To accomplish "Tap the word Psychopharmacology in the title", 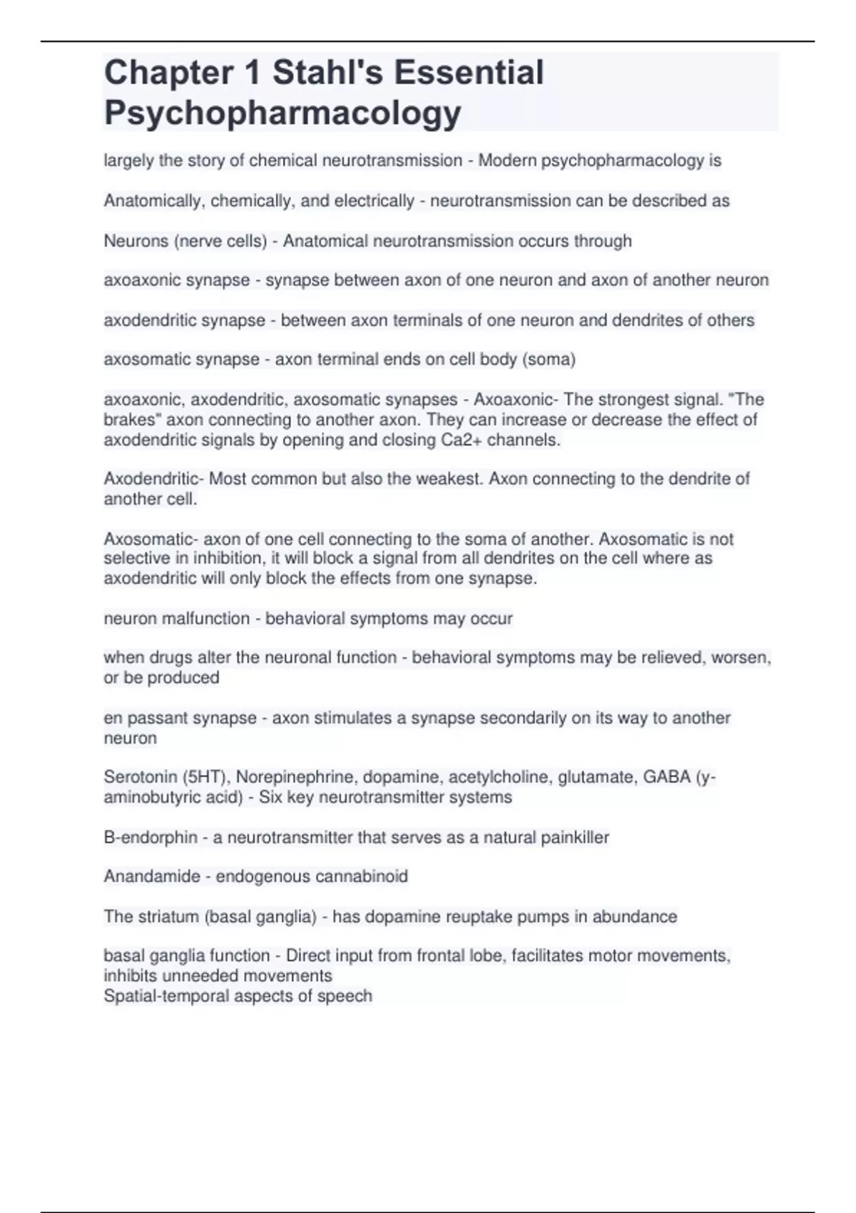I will tap(282, 113).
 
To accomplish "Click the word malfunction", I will tap(206, 618).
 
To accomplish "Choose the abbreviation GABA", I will tap(666, 777).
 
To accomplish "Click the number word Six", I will tap(270, 797).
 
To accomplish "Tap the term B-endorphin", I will tap(151, 837).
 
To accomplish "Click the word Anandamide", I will tap(152, 876).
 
